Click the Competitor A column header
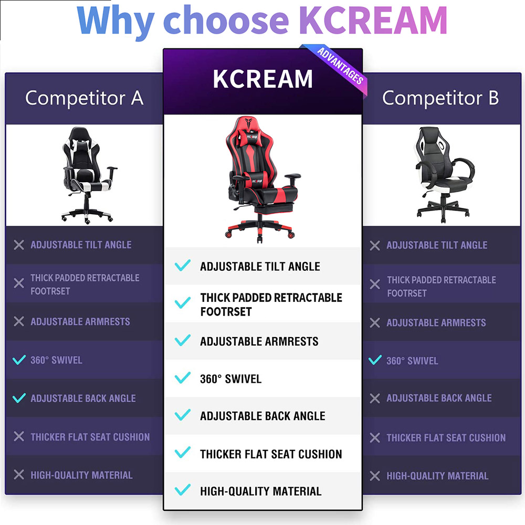pos(85,99)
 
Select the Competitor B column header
pos(440,99)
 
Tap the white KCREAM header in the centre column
pos(263,79)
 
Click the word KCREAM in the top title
pos(373,20)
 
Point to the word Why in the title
pos(115,22)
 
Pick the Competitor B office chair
pos(444,175)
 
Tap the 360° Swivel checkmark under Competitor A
pos(19,360)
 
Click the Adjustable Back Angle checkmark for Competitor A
pos(19,398)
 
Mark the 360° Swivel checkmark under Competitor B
pos(375,360)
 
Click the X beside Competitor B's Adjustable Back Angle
pos(375,398)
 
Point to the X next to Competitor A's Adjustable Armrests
pos(19,321)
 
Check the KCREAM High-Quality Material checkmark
pos(183,490)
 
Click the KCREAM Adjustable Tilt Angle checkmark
pos(183,265)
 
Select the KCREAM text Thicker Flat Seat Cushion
pos(271,454)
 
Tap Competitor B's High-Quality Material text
pos(437,476)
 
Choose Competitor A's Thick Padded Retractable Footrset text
pos(85,284)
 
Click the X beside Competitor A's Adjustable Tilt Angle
pos(19,245)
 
